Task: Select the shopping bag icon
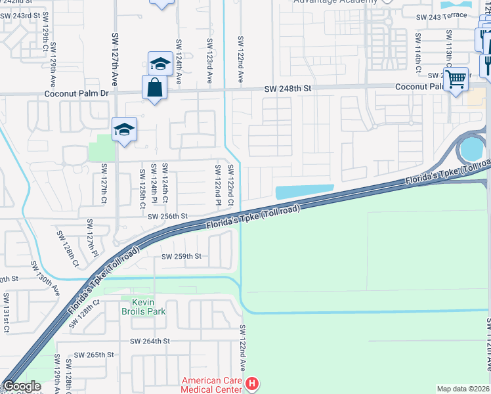point(154,87)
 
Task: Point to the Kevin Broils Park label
point(143,305)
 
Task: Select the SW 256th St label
point(167,216)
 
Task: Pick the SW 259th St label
point(181,256)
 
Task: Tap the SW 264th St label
point(150,341)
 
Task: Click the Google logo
point(22,387)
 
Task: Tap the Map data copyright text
point(462,389)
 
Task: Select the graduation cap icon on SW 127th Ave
point(123,129)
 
